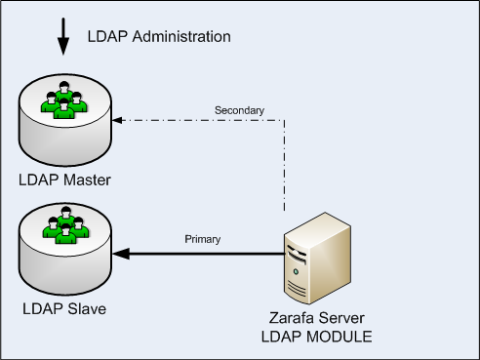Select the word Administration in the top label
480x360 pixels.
click(180, 37)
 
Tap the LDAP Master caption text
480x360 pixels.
click(64, 180)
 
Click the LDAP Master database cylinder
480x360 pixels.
click(64, 132)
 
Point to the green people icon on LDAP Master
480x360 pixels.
click(64, 100)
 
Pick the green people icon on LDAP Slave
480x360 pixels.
click(64, 226)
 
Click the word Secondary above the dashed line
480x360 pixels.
click(238, 110)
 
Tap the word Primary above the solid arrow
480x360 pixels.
click(203, 239)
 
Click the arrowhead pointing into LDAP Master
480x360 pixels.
click(117, 121)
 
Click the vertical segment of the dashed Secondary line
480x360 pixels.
click(284, 166)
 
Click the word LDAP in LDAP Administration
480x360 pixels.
click(104, 37)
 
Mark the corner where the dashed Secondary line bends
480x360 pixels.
click(284, 121)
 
